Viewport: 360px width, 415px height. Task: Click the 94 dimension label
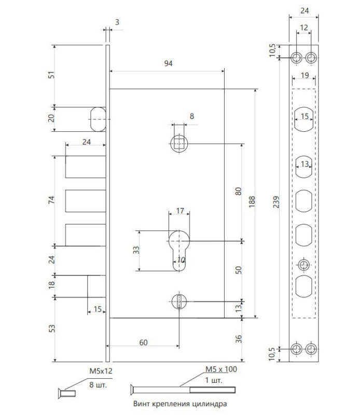coord(169,63)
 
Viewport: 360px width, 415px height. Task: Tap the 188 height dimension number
coord(252,201)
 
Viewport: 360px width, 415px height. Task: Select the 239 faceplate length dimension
coord(276,202)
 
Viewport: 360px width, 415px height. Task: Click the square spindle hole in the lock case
coord(179,144)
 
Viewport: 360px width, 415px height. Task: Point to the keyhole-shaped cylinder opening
coord(179,251)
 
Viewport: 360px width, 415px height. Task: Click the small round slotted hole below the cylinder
coord(179,301)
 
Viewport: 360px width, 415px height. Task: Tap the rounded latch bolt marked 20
coord(98,119)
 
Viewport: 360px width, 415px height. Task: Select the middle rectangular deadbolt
coord(86,201)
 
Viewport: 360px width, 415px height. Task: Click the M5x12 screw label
coord(101,371)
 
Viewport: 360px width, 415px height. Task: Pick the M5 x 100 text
coord(221,369)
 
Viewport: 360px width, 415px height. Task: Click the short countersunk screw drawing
coord(67,394)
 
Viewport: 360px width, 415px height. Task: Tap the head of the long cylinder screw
coord(132,390)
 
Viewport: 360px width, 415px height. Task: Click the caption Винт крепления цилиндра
coord(180,404)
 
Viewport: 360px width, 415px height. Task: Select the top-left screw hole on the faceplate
coord(297,58)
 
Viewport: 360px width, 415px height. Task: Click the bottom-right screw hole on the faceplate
coord(311,349)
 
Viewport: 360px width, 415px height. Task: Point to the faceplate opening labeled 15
coord(304,119)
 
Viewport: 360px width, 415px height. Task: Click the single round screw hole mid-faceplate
coord(304,265)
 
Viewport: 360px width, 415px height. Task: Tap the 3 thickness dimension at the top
coord(117,22)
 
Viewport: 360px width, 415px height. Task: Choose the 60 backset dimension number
coord(143,342)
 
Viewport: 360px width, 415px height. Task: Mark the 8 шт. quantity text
coord(98,384)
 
